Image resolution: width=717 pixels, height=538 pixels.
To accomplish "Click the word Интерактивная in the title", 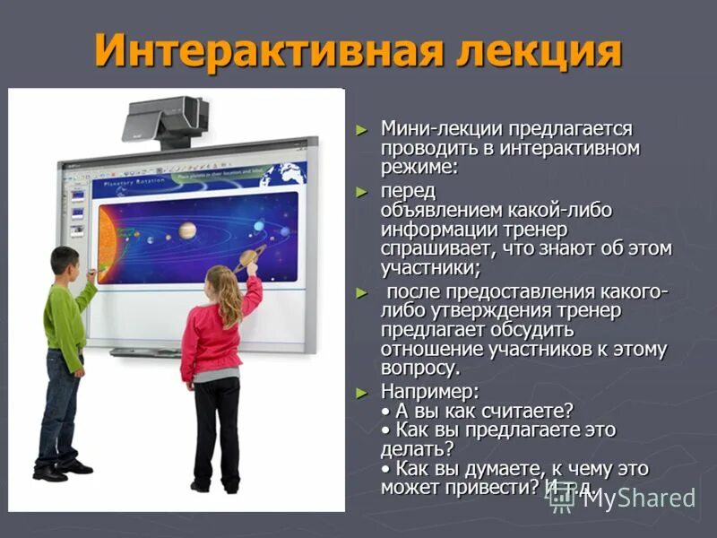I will click(257, 50).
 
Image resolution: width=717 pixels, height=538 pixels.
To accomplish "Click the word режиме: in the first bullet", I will click(419, 167).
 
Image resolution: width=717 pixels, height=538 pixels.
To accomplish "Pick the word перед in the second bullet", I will click(408, 192).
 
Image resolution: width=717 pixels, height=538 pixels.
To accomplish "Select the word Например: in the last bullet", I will click(430, 392).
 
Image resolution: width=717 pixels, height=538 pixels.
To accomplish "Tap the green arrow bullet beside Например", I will click(361, 393).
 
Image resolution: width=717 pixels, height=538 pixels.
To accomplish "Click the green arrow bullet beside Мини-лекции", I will click(361, 131).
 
